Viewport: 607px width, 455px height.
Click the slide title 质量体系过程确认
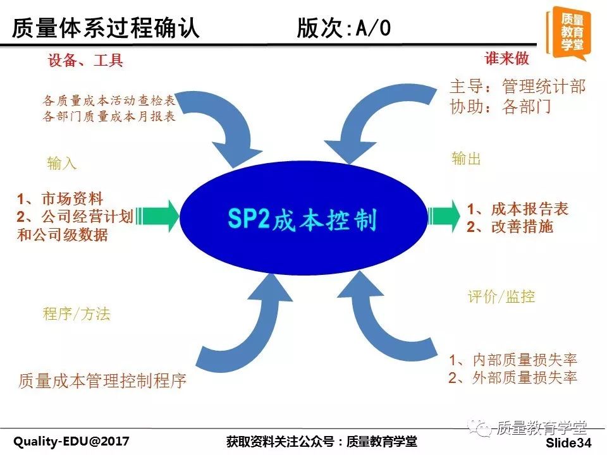(106, 28)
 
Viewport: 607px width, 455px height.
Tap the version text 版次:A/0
(344, 28)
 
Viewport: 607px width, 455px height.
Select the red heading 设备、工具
(85, 61)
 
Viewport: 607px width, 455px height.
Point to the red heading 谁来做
(506, 58)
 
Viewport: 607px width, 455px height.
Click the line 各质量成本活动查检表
(109, 100)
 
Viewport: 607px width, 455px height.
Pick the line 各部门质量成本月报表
(109, 116)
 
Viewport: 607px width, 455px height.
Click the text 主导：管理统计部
(518, 87)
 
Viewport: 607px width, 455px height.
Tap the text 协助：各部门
(500, 106)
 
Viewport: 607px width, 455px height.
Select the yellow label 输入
(61, 163)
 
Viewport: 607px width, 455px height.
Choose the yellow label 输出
(466, 158)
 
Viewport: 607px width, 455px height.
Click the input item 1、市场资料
(61, 199)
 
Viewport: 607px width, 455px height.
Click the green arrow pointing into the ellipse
(157, 216)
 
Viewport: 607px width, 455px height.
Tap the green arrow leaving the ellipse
(444, 216)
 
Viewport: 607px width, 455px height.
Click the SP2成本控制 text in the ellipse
(302, 219)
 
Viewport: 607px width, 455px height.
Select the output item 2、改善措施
(510, 227)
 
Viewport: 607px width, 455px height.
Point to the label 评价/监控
(501, 297)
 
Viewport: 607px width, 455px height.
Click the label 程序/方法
(77, 313)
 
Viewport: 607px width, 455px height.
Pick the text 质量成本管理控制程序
(102, 380)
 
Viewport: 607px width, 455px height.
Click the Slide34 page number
(568, 443)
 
